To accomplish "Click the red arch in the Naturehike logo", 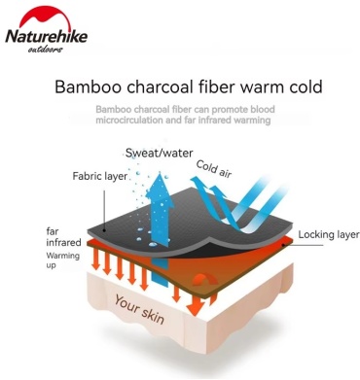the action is pos(45,17).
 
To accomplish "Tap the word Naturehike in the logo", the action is pos(47,36).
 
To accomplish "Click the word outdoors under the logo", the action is pos(45,50).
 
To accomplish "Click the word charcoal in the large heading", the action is pos(162,86).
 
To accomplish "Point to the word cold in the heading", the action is pos(302,86).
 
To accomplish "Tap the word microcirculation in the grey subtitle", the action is pos(128,121).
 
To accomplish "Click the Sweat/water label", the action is pos(160,153).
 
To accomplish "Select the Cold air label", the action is pos(214,169).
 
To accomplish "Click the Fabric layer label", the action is pos(100,176).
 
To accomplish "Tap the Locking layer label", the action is pos(329,235).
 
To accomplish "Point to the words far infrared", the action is pos(63,237).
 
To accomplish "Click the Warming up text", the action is pos(62,260).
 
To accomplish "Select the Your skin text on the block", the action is pos(139,309).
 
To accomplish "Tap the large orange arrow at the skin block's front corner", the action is pos(196,306).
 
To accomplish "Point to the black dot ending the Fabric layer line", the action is pos(104,230).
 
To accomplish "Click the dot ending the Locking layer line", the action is pos(283,245).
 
